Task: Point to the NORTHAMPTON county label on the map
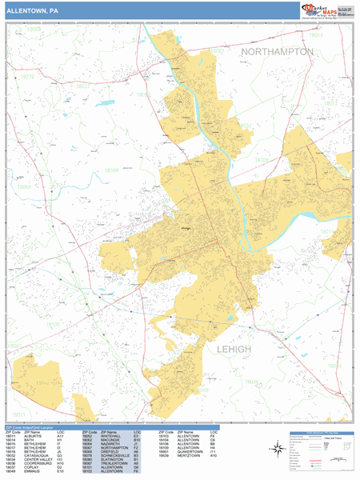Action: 278,51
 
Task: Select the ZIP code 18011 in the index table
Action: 12,436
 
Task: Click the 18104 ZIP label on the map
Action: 111,170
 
